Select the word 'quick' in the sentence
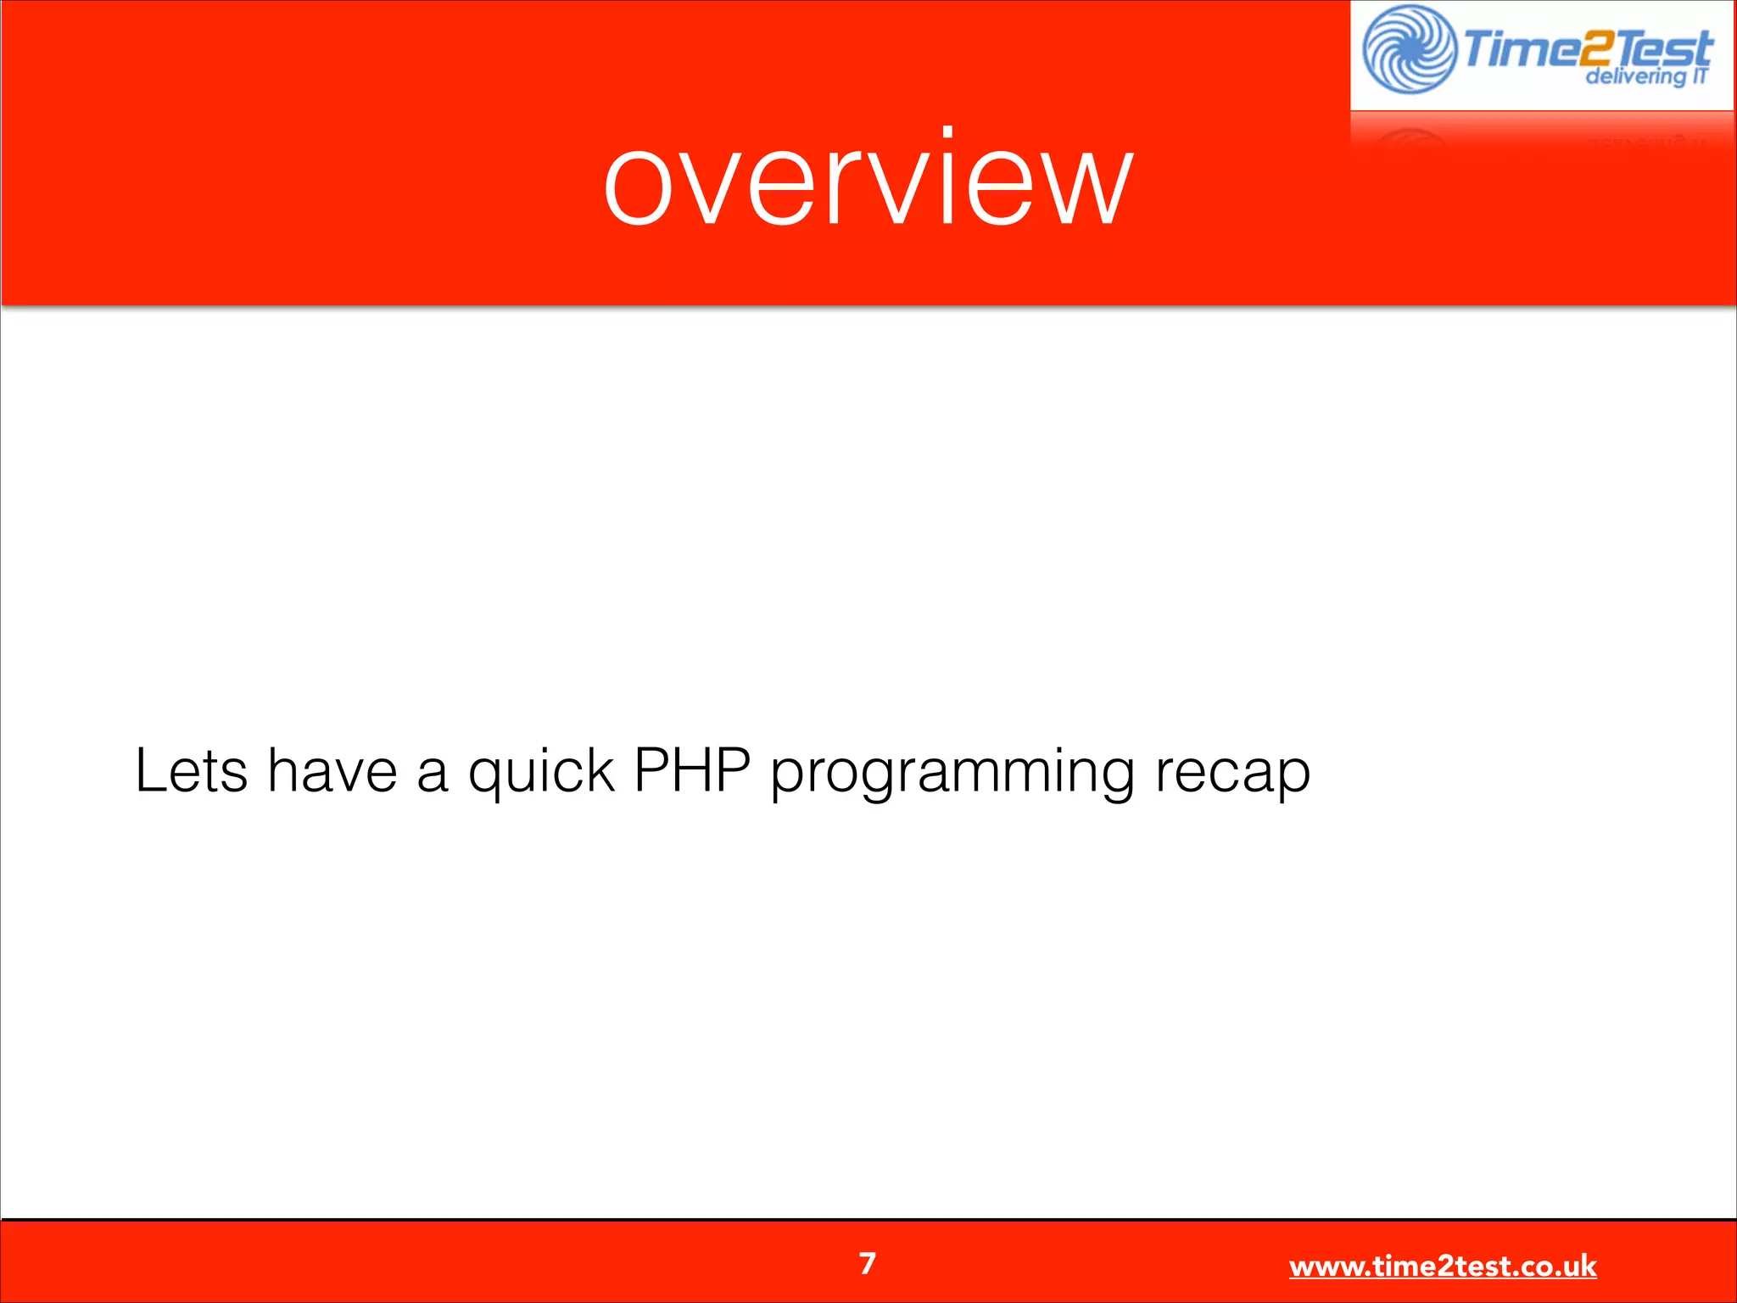click(540, 772)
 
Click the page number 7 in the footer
click(867, 1264)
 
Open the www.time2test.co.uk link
click(1442, 1267)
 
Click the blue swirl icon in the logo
click(1410, 49)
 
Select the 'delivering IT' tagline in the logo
click(1645, 76)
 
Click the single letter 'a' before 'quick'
click(432, 774)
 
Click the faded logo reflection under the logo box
click(1540, 132)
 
